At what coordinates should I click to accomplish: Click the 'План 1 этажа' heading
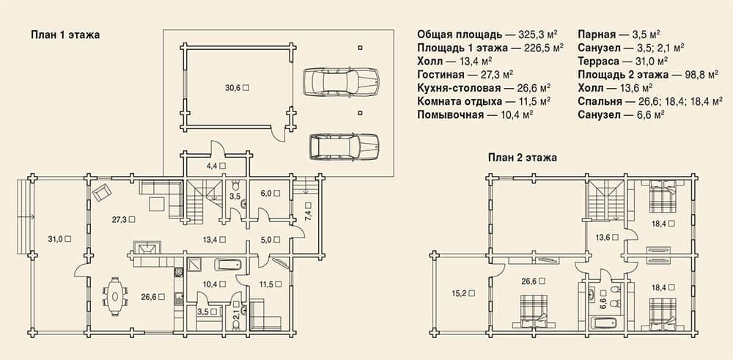click(65, 34)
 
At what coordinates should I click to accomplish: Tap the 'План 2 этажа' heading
click(523, 158)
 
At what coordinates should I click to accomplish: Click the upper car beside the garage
click(340, 82)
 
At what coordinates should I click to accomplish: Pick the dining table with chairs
click(115, 296)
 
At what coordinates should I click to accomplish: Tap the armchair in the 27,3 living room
click(103, 192)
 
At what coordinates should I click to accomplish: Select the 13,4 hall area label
click(213, 239)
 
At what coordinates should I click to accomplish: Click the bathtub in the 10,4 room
click(229, 265)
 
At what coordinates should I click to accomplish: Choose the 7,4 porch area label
click(309, 213)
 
